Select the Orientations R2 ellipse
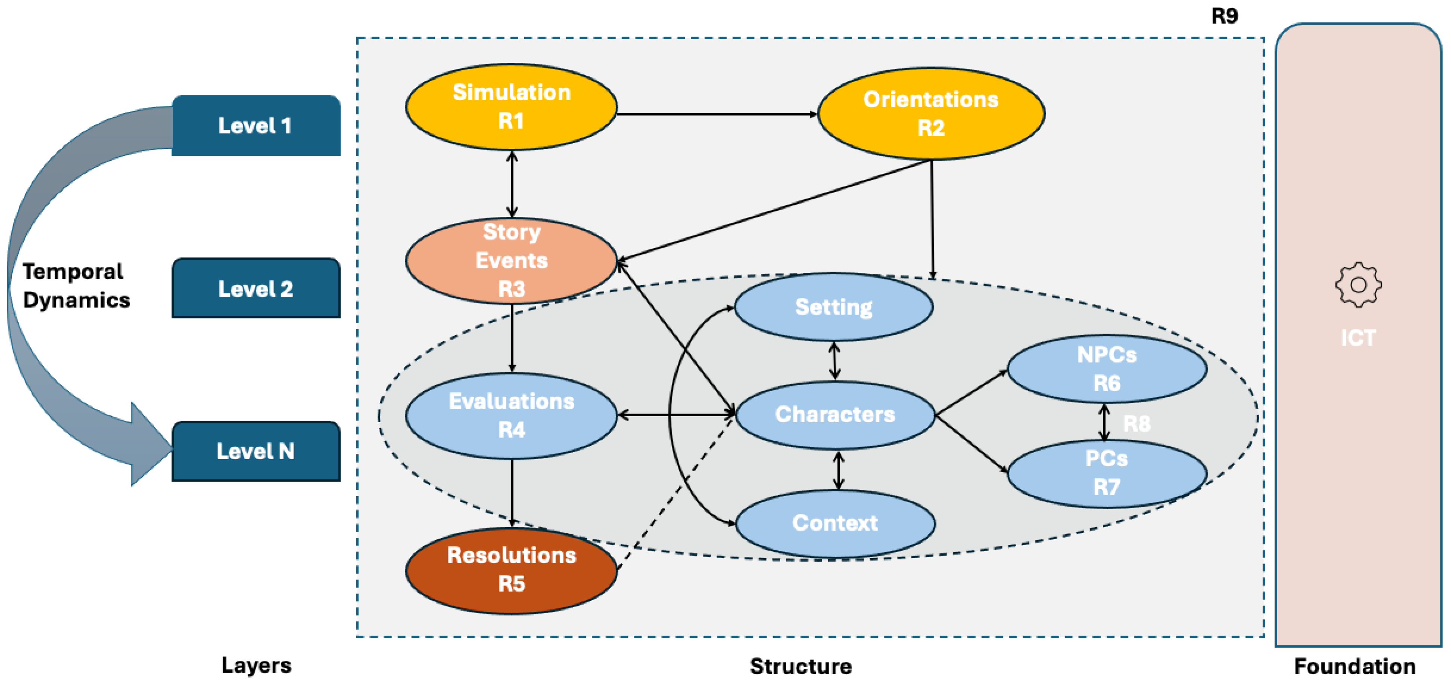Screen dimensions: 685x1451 [931, 114]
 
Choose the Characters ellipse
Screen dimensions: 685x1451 [835, 415]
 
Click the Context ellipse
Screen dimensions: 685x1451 [835, 523]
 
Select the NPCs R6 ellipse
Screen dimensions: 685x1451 [1106, 369]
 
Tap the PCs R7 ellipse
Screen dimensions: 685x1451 [1106, 473]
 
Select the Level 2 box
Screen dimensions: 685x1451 [256, 288]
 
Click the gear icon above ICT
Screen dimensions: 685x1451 [1358, 285]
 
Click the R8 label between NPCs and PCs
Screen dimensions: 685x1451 [1137, 424]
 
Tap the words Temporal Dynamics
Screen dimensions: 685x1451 [76, 286]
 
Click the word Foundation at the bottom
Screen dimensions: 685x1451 [1355, 666]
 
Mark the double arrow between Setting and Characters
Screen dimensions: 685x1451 [835, 361]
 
